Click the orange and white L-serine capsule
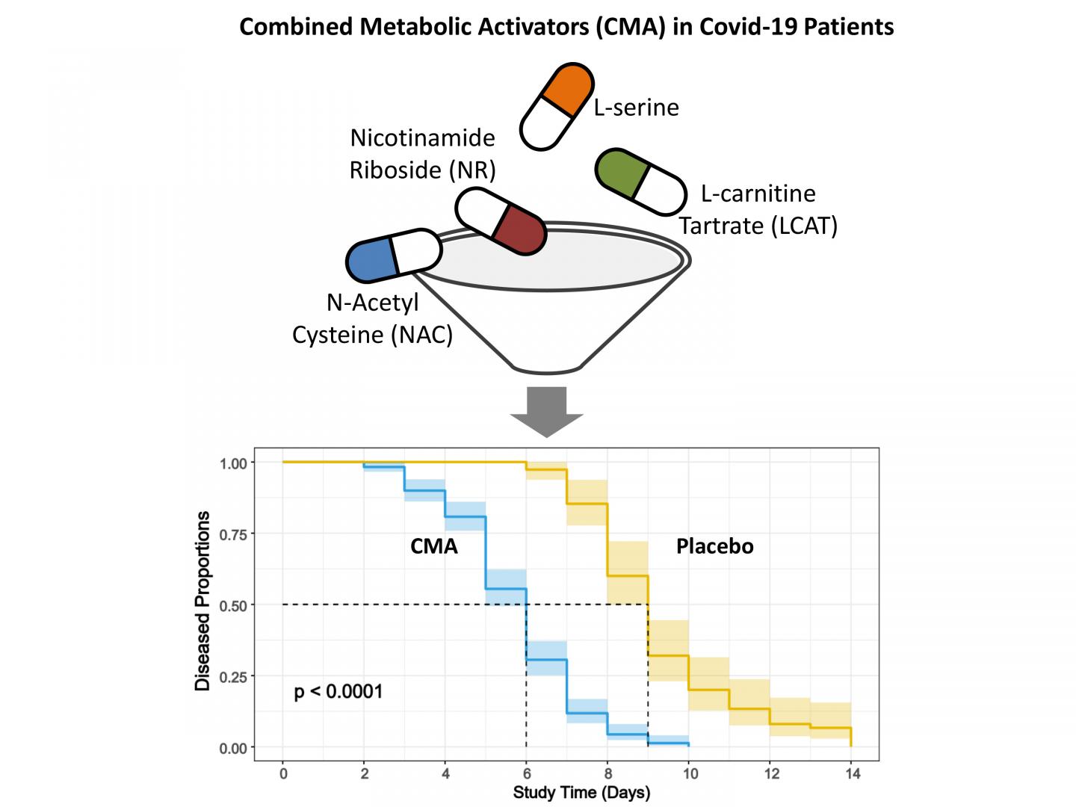pyautogui.click(x=557, y=106)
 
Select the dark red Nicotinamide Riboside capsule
pyautogui.click(x=501, y=221)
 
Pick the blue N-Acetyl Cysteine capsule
pyautogui.click(x=394, y=256)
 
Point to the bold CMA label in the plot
pyautogui.click(x=433, y=546)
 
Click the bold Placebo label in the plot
pyautogui.click(x=714, y=546)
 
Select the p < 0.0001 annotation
pyautogui.click(x=338, y=691)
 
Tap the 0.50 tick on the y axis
pyautogui.click(x=232, y=605)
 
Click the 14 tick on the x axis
pyautogui.click(x=851, y=773)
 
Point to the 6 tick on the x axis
pyautogui.click(x=526, y=773)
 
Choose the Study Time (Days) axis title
pyautogui.click(x=581, y=792)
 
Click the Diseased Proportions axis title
pyautogui.click(x=202, y=601)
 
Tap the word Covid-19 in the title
pyautogui.click(x=739, y=27)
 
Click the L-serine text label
pyautogui.click(x=637, y=108)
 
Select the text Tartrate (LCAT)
pyautogui.click(x=758, y=225)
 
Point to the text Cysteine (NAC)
pyautogui.click(x=372, y=334)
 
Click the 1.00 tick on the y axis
pyautogui.click(x=232, y=463)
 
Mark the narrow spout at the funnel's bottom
pyautogui.click(x=548, y=367)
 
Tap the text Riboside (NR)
pyautogui.click(x=423, y=170)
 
